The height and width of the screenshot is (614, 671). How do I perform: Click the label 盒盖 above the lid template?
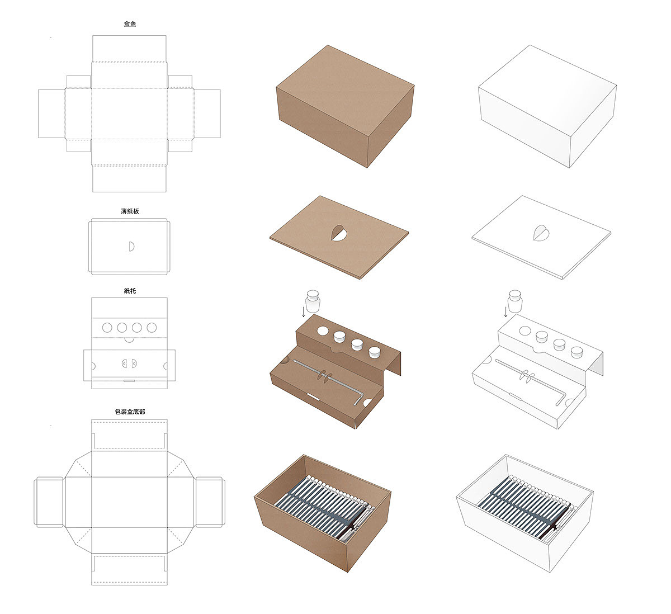[x=130, y=24]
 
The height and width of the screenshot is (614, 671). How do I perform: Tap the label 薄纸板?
[x=130, y=211]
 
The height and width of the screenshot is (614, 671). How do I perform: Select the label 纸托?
[x=130, y=291]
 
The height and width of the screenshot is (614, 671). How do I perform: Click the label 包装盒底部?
[x=130, y=412]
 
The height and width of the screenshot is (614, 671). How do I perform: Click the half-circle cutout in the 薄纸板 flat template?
[x=131, y=247]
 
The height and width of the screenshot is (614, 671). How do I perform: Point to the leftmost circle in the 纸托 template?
[x=107, y=328]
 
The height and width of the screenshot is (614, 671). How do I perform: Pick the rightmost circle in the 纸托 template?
[x=152, y=328]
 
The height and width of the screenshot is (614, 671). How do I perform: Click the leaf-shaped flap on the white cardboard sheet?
[x=541, y=233]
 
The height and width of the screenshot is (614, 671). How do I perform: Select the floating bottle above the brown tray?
[x=313, y=301]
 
